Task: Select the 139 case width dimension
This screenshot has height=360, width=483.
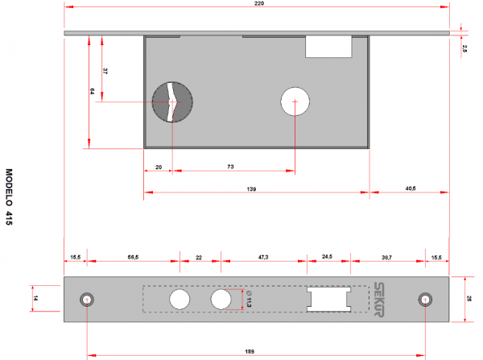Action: pos(251,188)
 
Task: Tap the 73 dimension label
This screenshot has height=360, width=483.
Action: pos(230,167)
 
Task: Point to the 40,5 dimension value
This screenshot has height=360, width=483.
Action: pos(410,188)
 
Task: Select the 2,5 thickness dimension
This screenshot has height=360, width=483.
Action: pos(464,49)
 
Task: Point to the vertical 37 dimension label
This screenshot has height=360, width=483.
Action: pos(106,72)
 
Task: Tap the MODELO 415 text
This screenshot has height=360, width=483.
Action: pos(10,200)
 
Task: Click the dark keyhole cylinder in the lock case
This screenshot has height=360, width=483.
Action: pos(172,102)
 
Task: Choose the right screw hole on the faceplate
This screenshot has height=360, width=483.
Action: pos(424,300)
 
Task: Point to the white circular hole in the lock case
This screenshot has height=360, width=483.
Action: pos(295,101)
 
